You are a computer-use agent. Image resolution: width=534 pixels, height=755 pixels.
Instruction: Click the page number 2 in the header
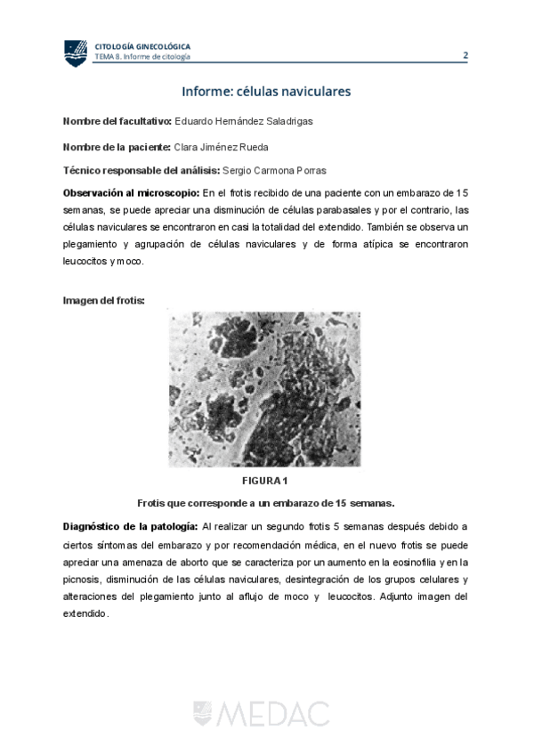[465, 55]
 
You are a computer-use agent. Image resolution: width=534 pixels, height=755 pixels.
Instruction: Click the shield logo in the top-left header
[75, 53]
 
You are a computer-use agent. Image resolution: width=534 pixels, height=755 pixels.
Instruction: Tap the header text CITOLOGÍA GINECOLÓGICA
[142, 46]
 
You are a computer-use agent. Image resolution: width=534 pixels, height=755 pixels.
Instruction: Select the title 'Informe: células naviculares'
[266, 92]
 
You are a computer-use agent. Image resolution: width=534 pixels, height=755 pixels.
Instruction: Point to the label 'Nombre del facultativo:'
[117, 121]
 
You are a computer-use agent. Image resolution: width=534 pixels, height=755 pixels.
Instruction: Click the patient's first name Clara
[189, 146]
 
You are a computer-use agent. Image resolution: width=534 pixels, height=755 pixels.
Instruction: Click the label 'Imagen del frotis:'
[103, 300]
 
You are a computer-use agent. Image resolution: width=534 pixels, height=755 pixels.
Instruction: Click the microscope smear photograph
[264, 388]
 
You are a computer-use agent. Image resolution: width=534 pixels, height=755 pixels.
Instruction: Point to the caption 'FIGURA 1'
[266, 482]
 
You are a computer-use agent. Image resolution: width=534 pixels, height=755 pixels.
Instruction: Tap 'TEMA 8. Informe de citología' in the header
[142, 57]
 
